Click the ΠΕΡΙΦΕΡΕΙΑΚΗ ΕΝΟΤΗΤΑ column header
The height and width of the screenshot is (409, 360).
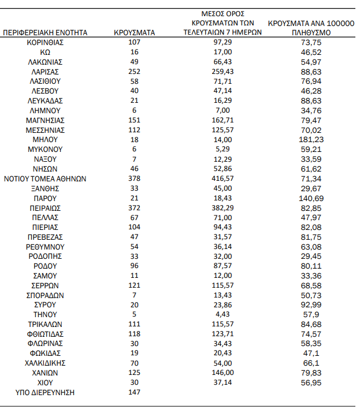tap(46, 33)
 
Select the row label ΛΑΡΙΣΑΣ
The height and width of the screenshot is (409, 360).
tap(46, 72)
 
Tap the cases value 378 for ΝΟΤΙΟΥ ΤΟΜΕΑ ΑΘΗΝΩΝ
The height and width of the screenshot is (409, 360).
tap(134, 179)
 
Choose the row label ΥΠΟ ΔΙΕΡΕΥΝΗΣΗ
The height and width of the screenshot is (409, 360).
tap(46, 392)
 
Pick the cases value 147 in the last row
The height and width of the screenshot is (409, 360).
tap(134, 392)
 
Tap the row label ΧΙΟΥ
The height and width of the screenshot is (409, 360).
tap(46, 382)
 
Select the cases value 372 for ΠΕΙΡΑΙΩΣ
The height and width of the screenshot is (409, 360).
tap(134, 208)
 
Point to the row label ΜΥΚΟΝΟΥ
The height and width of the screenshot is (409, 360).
tap(46, 150)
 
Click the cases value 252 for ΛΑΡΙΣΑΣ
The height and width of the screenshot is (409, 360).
tap(134, 72)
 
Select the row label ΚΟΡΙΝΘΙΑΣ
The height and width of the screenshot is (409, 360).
tap(46, 43)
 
